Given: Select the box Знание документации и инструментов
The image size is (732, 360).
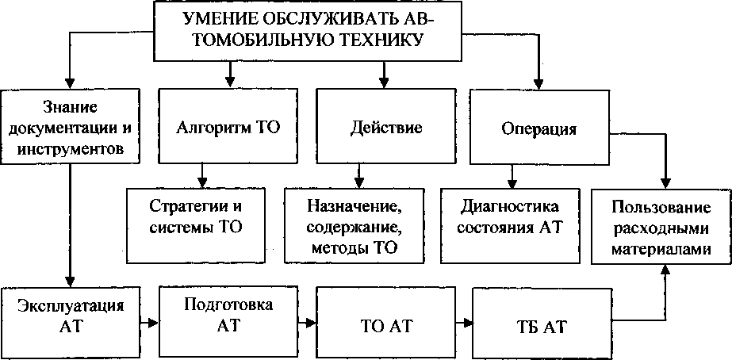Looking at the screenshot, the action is [x=70, y=127].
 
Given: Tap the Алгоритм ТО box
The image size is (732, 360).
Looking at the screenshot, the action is [x=228, y=127].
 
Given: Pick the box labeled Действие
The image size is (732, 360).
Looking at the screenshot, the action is [x=386, y=127].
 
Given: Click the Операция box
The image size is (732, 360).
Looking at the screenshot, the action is [x=539, y=127].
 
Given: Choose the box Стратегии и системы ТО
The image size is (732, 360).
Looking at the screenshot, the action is [x=196, y=225].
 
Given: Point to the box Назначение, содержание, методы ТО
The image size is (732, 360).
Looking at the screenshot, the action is [x=355, y=225].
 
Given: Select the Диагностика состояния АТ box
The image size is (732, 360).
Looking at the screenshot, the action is [x=510, y=225].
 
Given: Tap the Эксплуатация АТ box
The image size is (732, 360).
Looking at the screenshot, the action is [x=70, y=323].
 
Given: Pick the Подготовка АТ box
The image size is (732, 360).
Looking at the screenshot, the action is [x=228, y=323].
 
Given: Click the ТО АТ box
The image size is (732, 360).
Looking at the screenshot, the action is [x=386, y=323].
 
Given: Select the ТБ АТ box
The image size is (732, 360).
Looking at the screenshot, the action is [x=542, y=323].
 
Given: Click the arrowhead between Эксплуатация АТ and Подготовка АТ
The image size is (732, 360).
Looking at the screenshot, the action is [x=154, y=323].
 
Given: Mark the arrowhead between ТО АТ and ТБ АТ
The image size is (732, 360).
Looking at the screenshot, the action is [x=467, y=323].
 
